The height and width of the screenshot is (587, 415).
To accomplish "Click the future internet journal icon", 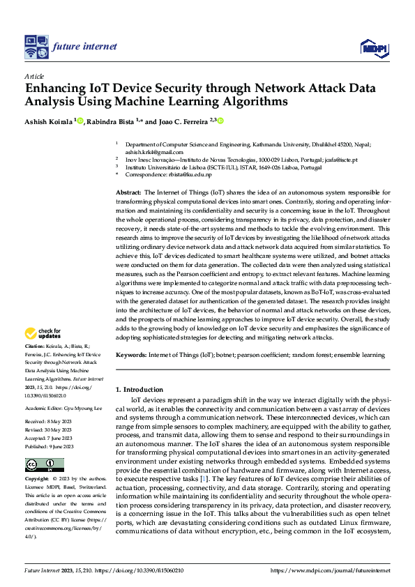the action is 36,47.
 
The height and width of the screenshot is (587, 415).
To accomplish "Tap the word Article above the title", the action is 34,75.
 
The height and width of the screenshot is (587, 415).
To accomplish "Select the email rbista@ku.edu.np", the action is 179,175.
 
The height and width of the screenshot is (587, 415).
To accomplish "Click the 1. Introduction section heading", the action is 139,389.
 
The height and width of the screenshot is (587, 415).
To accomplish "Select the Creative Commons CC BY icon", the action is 44,465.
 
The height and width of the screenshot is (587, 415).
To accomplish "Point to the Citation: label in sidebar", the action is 35,346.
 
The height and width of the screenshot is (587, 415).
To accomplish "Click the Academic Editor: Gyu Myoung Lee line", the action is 63,407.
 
